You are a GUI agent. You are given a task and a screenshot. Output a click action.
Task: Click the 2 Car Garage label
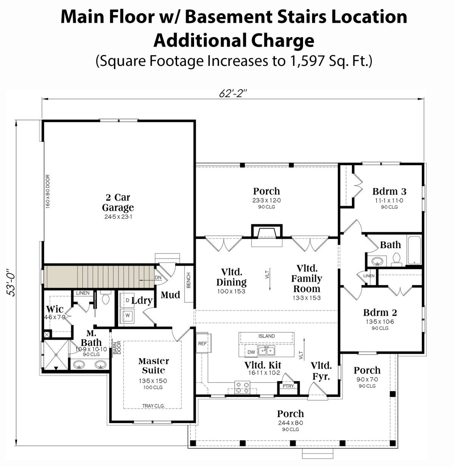pyautogui.click(x=118, y=202)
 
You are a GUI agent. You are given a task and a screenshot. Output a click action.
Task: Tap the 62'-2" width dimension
pyautogui.click(x=233, y=93)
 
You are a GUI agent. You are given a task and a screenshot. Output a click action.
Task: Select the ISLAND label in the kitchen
pyautogui.click(x=266, y=336)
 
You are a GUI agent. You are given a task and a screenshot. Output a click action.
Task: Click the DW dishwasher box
pyautogui.click(x=251, y=352)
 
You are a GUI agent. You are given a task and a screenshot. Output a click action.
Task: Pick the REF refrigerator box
pyautogui.click(x=202, y=344)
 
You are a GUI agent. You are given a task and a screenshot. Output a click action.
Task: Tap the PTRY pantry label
pyautogui.click(x=288, y=386)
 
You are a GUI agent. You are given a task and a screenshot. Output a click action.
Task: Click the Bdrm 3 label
pyautogui.click(x=389, y=191)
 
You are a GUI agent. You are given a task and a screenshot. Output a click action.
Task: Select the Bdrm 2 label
pyautogui.click(x=380, y=313)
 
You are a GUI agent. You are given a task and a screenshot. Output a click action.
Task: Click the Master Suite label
pyautogui.click(x=153, y=366)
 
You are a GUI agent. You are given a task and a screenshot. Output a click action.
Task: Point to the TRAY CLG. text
pyautogui.click(x=153, y=406)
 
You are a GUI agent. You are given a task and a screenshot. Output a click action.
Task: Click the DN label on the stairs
pyautogui.click(x=158, y=278)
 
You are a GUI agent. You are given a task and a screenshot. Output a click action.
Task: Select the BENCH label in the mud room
pyautogui.click(x=188, y=280)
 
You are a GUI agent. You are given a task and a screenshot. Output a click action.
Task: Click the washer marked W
pyautogui.click(x=127, y=315)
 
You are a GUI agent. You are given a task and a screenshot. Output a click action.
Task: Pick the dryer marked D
pyautogui.click(x=127, y=300)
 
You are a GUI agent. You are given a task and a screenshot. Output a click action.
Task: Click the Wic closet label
pyautogui.click(x=54, y=309)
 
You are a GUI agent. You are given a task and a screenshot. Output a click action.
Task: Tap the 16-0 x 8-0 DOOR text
pyautogui.click(x=48, y=191)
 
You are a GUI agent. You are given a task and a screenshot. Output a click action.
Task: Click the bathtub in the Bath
pyautogui.click(x=414, y=250)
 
